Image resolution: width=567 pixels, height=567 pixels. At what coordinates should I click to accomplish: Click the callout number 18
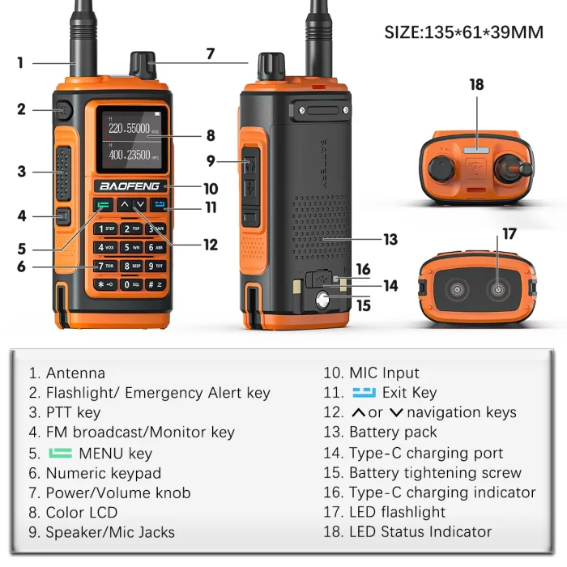tap(475, 84)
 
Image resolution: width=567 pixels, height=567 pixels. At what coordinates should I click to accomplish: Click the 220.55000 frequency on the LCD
tap(129, 128)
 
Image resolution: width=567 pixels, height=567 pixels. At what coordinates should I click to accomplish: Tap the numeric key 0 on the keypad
tap(130, 284)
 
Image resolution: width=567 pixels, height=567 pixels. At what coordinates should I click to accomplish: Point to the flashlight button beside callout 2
tap(63, 109)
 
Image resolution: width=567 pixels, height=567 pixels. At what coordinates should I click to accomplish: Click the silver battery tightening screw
tap(324, 302)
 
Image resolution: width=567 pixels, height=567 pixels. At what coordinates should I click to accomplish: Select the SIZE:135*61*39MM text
tap(463, 32)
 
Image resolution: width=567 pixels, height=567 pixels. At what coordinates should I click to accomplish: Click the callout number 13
tap(390, 239)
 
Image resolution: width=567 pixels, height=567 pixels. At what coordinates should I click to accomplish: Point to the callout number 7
tap(210, 54)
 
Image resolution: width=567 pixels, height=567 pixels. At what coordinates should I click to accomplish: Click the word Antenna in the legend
tap(75, 373)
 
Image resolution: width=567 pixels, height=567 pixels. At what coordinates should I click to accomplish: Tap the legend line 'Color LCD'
tap(81, 512)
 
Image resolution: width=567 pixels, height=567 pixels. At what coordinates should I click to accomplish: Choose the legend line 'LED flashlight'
tap(397, 512)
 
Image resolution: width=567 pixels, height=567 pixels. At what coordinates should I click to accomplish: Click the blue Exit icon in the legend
tap(364, 393)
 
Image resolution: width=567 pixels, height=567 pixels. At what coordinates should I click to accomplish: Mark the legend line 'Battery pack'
tap(393, 433)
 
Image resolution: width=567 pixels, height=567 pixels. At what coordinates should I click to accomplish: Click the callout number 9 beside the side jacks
tap(211, 161)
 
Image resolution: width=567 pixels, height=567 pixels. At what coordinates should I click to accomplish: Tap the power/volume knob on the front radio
tap(143, 66)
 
